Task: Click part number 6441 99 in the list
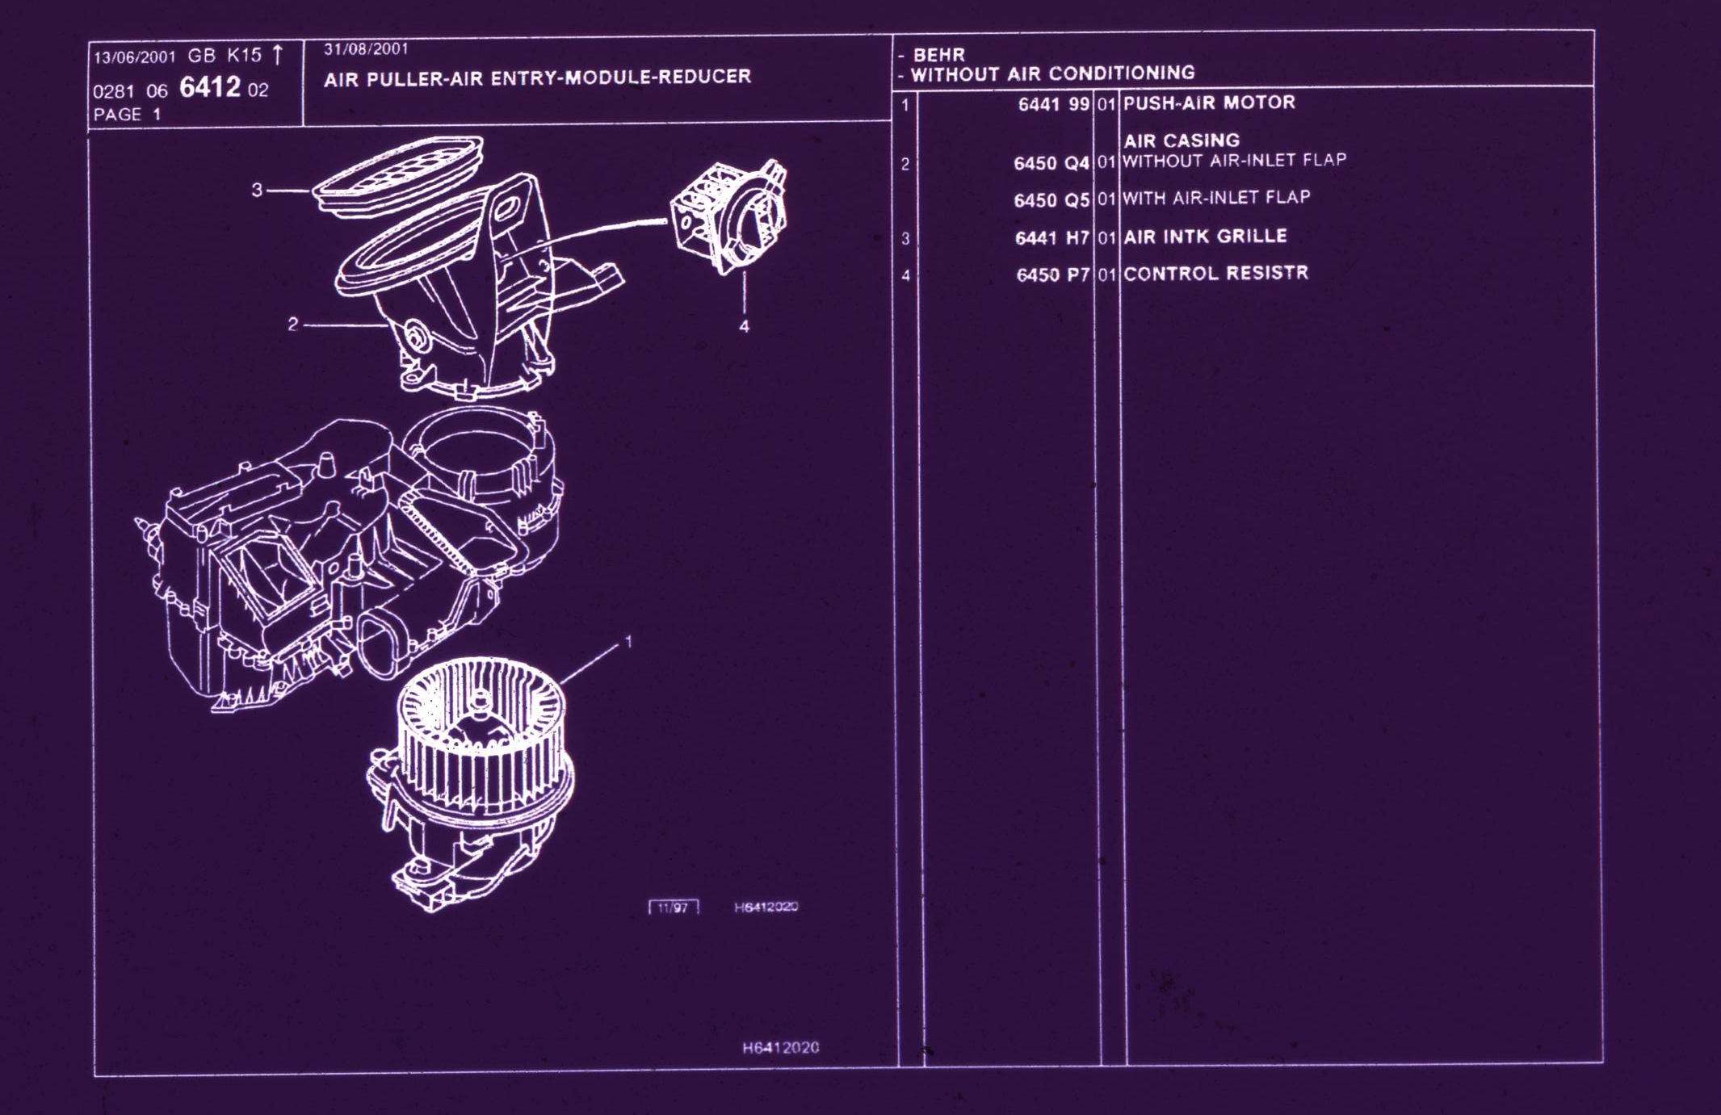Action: pyautogui.click(x=1053, y=104)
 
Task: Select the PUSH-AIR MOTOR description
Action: pyautogui.click(x=1209, y=103)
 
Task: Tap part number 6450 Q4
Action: pyautogui.click(x=1051, y=163)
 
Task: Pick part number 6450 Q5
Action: pyautogui.click(x=1051, y=199)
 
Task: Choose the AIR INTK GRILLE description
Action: pyautogui.click(x=1205, y=237)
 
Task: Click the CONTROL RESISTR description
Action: pyautogui.click(x=1215, y=274)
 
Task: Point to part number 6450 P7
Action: pyautogui.click(x=1053, y=275)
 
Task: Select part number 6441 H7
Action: pyautogui.click(x=1052, y=238)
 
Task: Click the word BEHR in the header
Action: pyautogui.click(x=938, y=55)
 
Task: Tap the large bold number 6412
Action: pyautogui.click(x=210, y=87)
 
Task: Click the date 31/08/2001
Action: pyautogui.click(x=366, y=49)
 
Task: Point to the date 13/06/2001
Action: pyautogui.click(x=134, y=57)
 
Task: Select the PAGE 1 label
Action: pyautogui.click(x=127, y=115)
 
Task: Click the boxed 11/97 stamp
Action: pyautogui.click(x=673, y=908)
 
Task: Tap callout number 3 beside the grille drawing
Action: pyautogui.click(x=257, y=191)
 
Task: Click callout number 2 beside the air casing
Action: pyautogui.click(x=292, y=325)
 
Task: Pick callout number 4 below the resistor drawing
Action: pyautogui.click(x=744, y=326)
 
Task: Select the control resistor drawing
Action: pyautogui.click(x=729, y=216)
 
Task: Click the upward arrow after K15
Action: pyautogui.click(x=278, y=55)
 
